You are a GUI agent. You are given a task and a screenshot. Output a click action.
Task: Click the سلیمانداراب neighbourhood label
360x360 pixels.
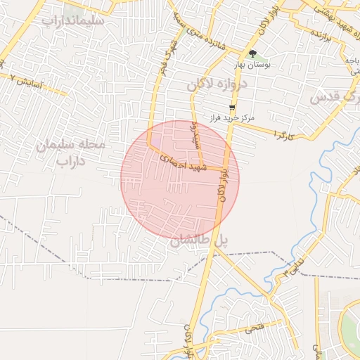point(73,20)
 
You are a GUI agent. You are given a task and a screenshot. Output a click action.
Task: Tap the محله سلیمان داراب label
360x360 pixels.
point(70,153)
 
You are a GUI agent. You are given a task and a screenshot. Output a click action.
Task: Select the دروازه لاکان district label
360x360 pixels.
point(218,85)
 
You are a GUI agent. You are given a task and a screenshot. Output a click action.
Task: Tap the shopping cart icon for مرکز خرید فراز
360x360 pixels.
point(232,107)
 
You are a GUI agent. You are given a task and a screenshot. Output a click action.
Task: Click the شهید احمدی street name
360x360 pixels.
point(182,162)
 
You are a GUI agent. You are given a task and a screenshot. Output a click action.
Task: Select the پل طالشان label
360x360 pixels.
point(200,240)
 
